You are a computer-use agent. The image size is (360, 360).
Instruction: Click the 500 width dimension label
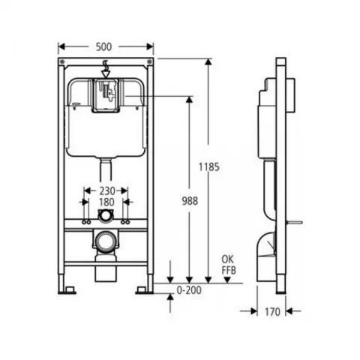[x=106, y=46]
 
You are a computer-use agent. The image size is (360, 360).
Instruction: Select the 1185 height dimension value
[x=212, y=167]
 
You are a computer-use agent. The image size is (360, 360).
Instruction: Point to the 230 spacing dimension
[x=106, y=190]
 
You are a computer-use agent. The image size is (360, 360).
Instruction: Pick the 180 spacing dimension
[x=106, y=202]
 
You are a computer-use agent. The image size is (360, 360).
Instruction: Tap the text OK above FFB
[x=228, y=259]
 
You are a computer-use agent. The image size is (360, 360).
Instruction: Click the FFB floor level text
[x=228, y=268]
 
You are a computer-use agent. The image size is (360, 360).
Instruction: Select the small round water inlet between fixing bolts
[x=106, y=216]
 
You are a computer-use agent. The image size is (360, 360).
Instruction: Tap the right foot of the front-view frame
[x=143, y=286]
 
